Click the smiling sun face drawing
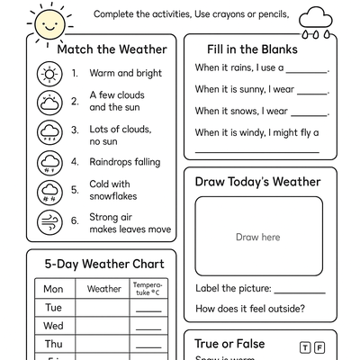coord(46,22)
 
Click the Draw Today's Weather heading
coord(257,182)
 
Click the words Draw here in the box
coord(258,238)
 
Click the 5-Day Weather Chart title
coord(104,265)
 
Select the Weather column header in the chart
coord(103,289)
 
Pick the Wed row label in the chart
coord(53,326)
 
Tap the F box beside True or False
coord(320,347)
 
